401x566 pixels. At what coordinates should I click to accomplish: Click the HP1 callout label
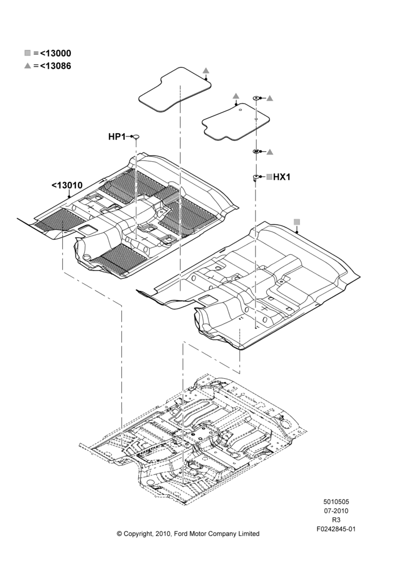point(117,137)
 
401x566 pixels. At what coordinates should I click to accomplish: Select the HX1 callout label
point(282,177)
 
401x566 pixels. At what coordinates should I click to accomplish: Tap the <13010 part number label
point(67,185)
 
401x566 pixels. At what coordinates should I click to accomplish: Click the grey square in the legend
point(27,53)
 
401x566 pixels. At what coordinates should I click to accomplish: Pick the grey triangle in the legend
point(27,66)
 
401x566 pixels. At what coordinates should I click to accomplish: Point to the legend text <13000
point(56,53)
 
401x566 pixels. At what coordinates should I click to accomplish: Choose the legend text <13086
point(56,66)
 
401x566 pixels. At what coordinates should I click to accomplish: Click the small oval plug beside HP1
point(136,136)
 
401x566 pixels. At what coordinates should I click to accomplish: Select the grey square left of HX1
point(269,177)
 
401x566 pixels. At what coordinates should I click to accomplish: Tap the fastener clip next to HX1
point(255,177)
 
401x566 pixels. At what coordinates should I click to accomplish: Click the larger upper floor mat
point(175,89)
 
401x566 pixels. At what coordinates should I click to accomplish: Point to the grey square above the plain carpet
point(297,221)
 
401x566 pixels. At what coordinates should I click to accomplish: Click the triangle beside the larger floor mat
point(206,70)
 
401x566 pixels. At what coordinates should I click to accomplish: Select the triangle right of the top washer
point(270,98)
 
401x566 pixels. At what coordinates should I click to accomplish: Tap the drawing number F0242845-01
point(336,529)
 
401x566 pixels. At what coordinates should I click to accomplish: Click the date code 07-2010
point(336,511)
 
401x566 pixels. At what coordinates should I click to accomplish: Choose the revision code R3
point(336,520)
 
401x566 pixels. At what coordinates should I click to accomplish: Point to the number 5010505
point(336,501)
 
